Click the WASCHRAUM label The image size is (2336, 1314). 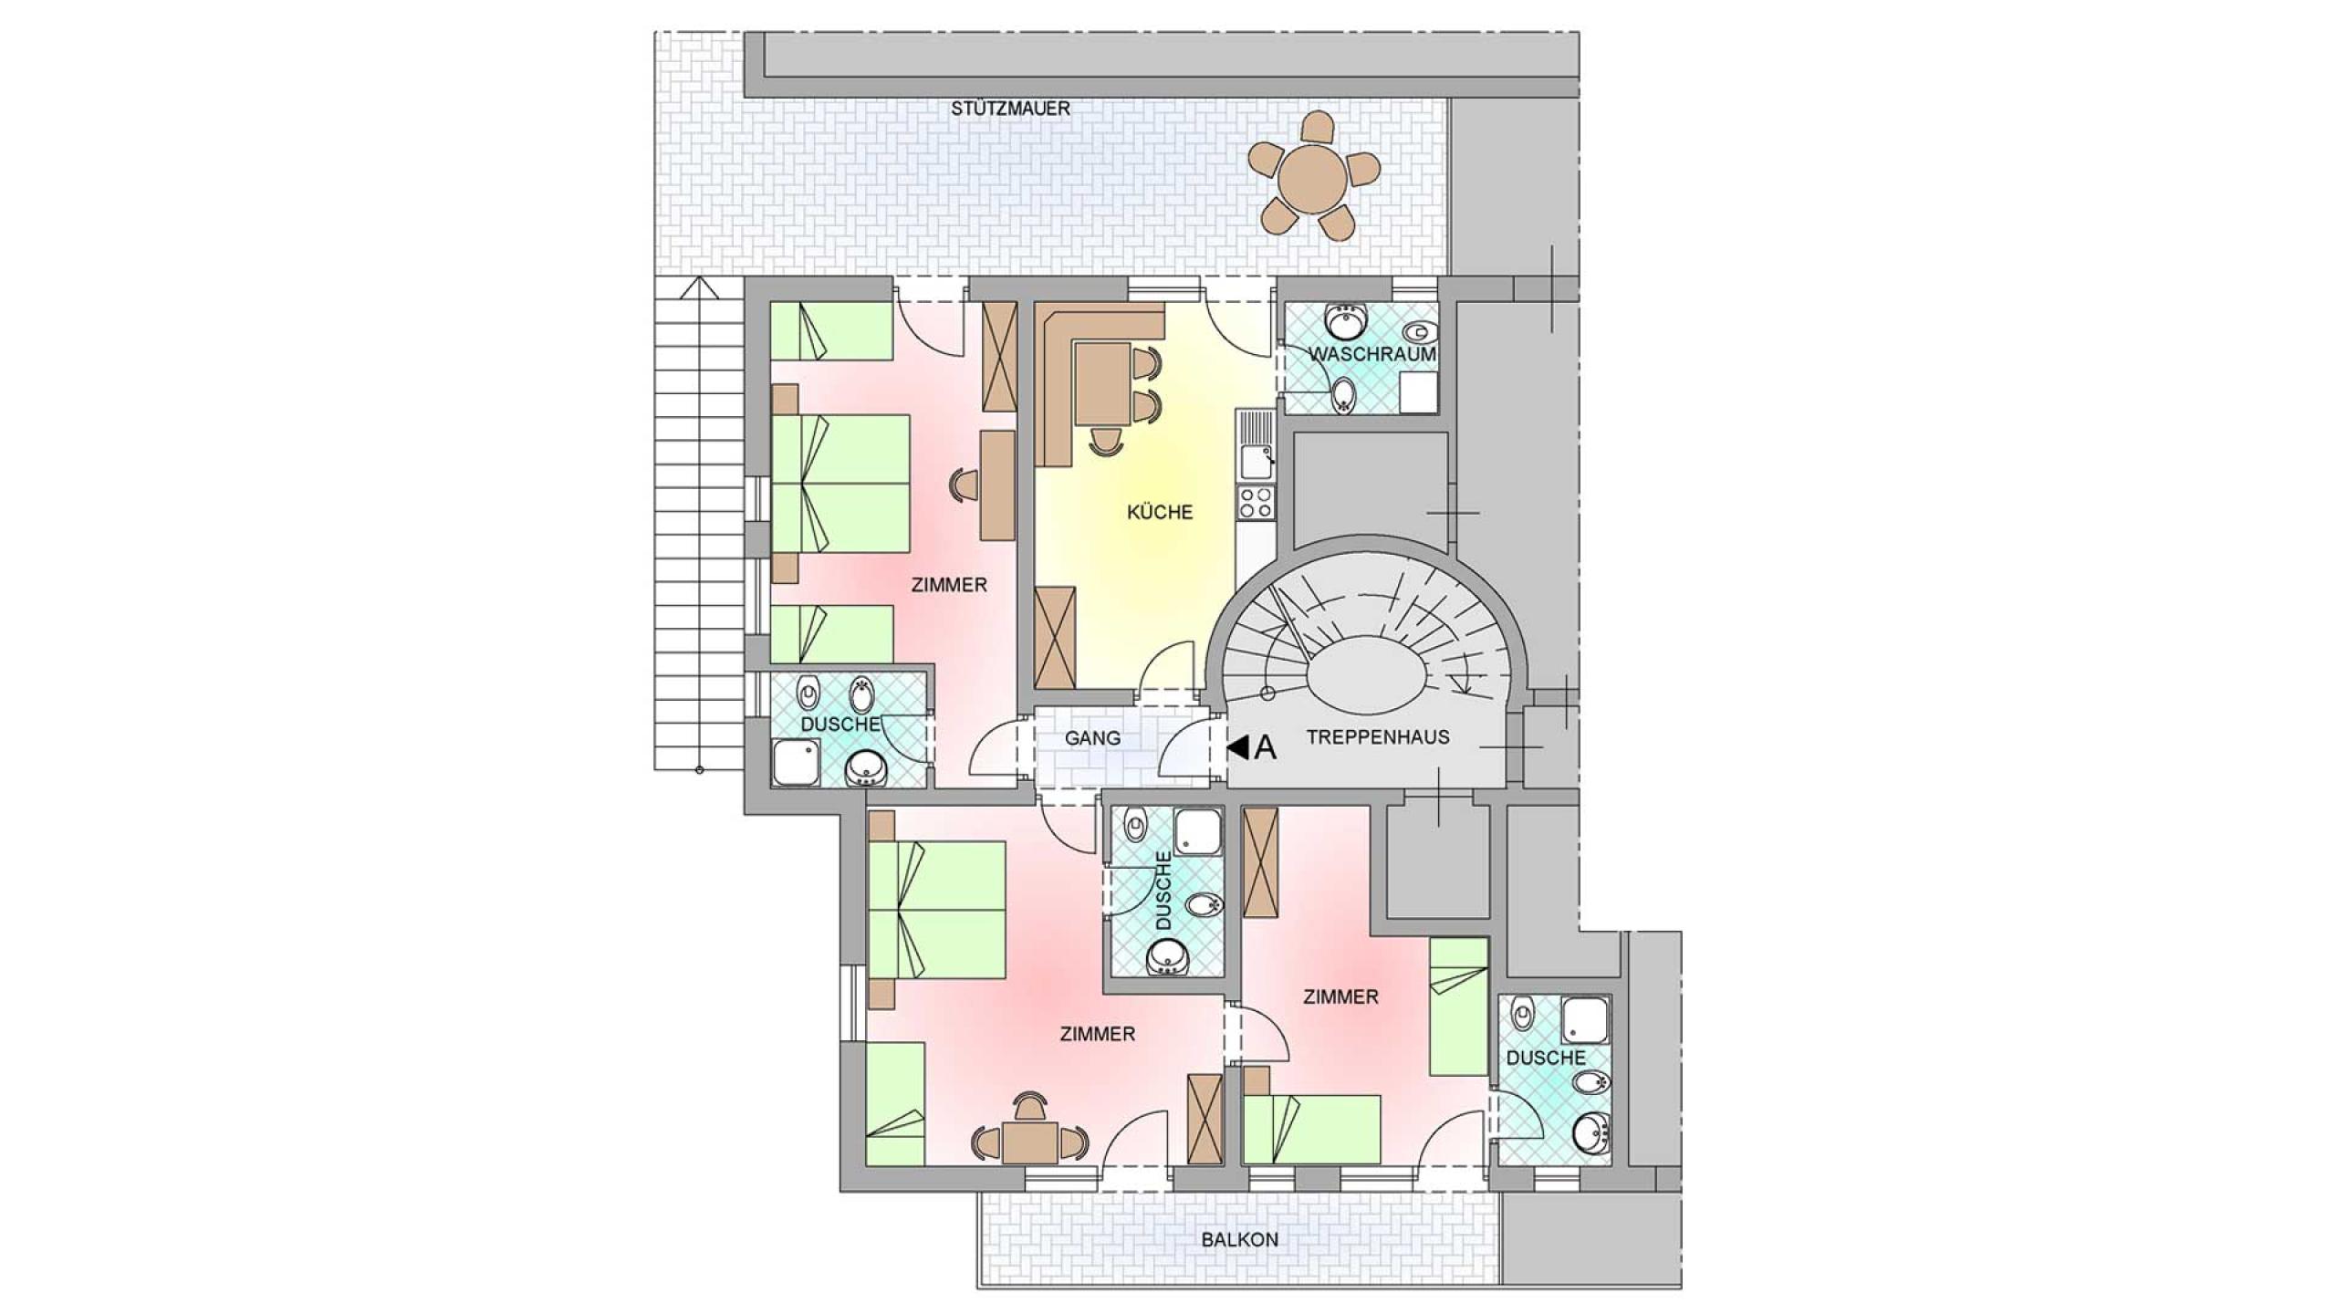tap(1372, 353)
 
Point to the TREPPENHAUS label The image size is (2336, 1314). tap(1378, 737)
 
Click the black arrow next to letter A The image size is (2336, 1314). tap(1237, 748)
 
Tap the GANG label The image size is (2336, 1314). tap(1092, 738)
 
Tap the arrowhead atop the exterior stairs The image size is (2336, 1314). tap(699, 287)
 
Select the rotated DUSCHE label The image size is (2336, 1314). tap(1163, 891)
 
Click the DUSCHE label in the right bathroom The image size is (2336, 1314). tap(1546, 1058)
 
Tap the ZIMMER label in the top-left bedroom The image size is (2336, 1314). tap(949, 585)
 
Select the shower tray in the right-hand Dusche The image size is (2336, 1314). tap(1586, 1018)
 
